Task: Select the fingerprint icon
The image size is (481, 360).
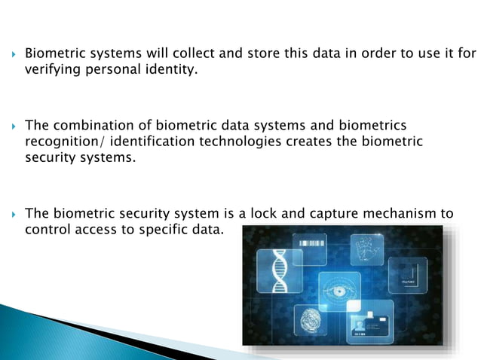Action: pyautogui.click(x=308, y=322)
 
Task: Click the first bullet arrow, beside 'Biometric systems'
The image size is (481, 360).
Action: pyautogui.click(x=12, y=54)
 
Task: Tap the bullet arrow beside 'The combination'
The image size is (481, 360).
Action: pyautogui.click(x=12, y=125)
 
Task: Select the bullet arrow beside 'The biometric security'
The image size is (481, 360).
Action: pyautogui.click(x=12, y=214)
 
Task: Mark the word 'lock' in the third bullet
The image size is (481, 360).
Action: pyautogui.click(x=252, y=214)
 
